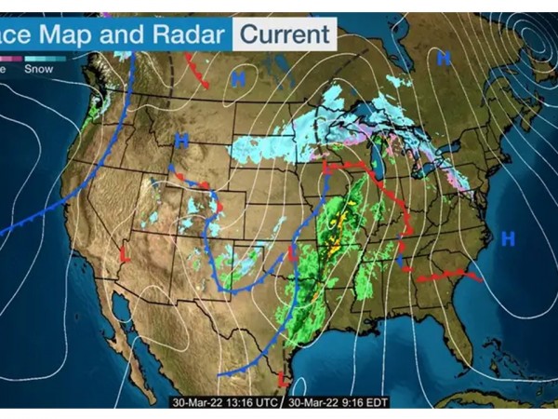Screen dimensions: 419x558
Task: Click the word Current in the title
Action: point(283,34)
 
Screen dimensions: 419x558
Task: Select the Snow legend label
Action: point(38,68)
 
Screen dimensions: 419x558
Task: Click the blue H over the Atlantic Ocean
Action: point(508,238)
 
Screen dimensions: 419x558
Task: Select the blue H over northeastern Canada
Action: point(444,59)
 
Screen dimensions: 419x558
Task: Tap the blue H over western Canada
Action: point(238,80)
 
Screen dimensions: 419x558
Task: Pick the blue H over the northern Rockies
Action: point(180,141)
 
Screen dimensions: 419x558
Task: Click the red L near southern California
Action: point(123,252)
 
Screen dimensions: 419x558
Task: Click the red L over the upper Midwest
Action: point(326,168)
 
